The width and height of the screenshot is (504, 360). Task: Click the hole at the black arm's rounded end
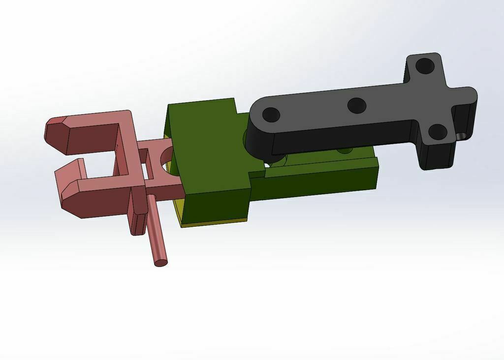(x=271, y=115)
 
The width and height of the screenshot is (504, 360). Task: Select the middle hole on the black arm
(x=356, y=105)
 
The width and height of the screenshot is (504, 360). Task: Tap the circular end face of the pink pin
(x=161, y=262)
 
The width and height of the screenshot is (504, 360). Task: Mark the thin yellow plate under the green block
(x=212, y=223)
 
